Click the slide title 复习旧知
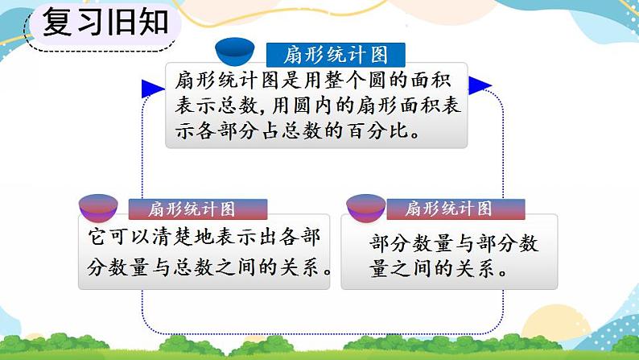pos(105,22)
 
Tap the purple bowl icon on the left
pos(98,211)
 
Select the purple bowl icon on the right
pos(365,209)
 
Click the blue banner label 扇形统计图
pos(336,55)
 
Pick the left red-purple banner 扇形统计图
pos(192,209)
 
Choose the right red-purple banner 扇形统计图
pos(448,209)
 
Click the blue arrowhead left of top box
pos(151,88)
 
